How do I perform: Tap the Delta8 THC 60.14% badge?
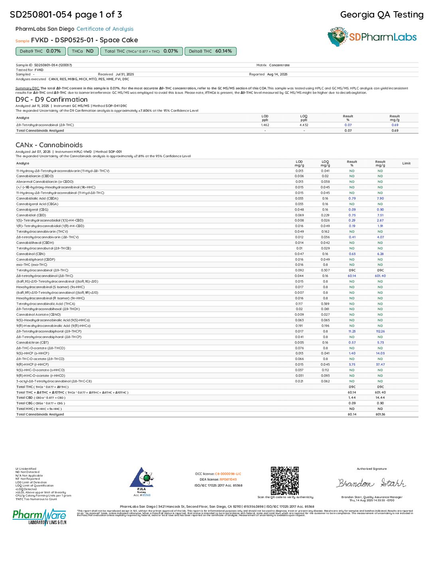(210, 51)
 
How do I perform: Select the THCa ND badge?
(83, 51)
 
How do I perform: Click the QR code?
(285, 481)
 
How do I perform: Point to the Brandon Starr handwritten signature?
(371, 483)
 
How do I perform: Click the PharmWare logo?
(39, 516)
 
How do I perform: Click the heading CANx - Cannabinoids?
(49, 145)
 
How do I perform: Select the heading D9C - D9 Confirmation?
(51, 99)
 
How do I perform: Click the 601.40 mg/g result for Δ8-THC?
(380, 276)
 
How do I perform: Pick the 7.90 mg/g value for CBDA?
(380, 198)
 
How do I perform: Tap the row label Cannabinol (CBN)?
(31, 254)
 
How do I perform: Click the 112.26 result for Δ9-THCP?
(380, 331)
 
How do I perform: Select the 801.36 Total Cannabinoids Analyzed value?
(380, 414)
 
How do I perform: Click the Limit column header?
(406, 163)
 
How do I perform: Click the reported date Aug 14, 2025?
(277, 74)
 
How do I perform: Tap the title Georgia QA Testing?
(381, 15)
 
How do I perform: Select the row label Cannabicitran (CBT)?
(32, 342)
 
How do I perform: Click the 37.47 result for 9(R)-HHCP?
(380, 364)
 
